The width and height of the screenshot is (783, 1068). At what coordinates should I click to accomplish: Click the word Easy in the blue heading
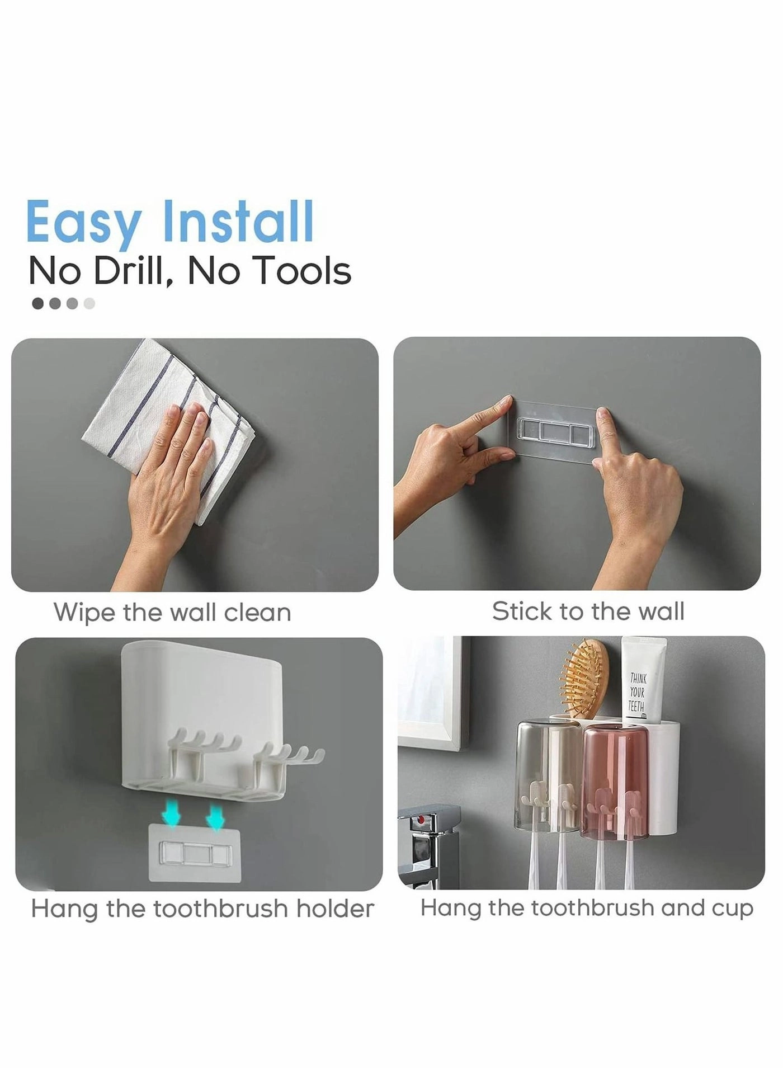click(x=83, y=222)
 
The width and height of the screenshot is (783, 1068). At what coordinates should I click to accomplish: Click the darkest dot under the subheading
click(x=38, y=304)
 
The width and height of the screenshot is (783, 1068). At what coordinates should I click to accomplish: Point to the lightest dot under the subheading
click(x=89, y=304)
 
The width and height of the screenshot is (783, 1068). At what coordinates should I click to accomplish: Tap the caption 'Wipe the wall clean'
click(x=172, y=612)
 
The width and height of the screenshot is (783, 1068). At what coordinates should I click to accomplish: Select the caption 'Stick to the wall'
click(x=588, y=611)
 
